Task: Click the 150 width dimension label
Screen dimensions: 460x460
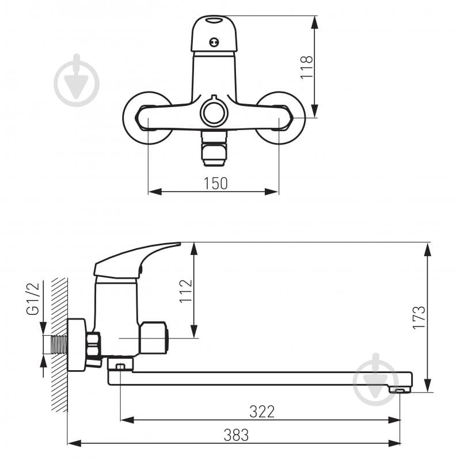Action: pyautogui.click(x=216, y=183)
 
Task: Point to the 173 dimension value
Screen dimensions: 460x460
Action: pyautogui.click(x=419, y=317)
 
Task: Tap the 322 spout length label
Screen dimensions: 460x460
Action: pyautogui.click(x=262, y=411)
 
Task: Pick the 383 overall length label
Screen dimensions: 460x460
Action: pyautogui.click(x=236, y=435)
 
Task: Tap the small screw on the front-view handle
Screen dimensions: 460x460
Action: pyautogui.click(x=214, y=41)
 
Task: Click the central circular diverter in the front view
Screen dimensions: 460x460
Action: pyautogui.click(x=214, y=112)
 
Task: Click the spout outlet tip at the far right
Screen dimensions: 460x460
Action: pyautogui.click(x=401, y=390)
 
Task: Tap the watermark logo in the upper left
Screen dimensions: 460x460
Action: pyautogui.click(x=77, y=80)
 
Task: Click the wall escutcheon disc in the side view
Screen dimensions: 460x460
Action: pyautogui.click(x=75, y=345)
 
